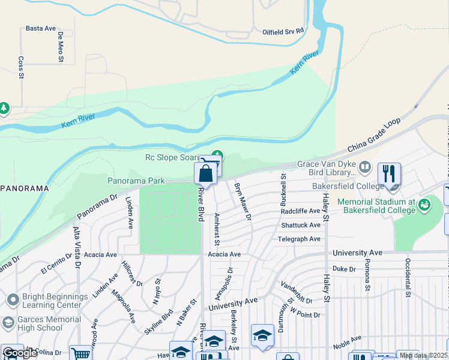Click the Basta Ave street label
41,28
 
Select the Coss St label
21,67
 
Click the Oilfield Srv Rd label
283,31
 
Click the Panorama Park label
136,181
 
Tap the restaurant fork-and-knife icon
389,174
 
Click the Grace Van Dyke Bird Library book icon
364,166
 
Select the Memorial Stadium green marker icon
425,205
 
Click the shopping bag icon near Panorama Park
205,175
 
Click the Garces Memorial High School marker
8,323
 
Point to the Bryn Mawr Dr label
242,201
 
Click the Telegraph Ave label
299,239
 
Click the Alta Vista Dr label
77,247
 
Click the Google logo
19,353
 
